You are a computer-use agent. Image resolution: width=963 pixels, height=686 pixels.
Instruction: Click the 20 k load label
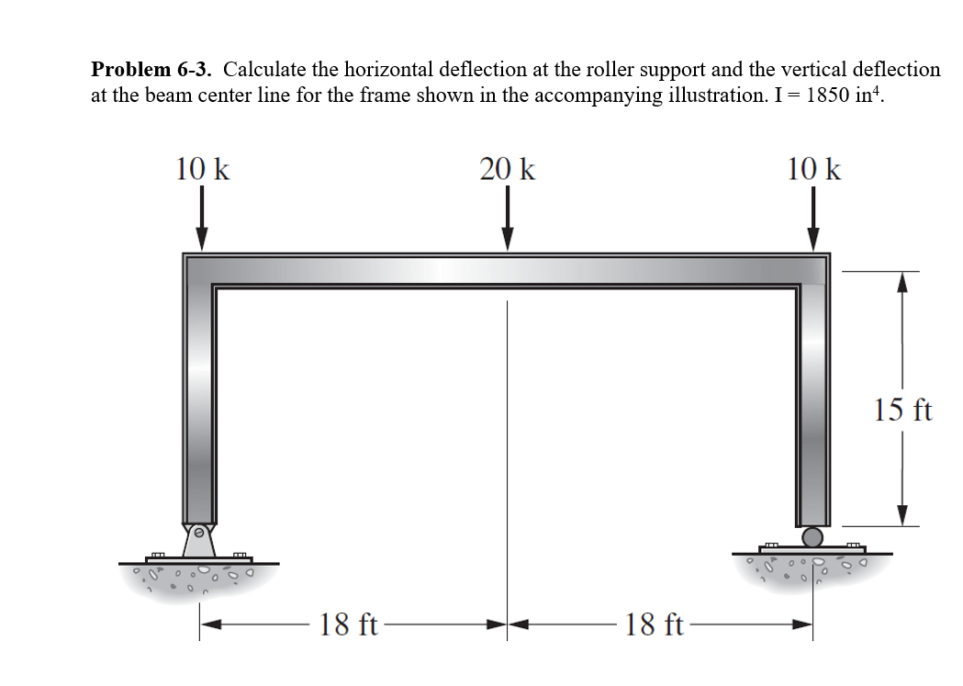click(507, 170)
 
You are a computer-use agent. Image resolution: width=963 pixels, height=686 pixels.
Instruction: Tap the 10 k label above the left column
click(202, 169)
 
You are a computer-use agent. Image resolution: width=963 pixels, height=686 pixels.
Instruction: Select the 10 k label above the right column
click(812, 169)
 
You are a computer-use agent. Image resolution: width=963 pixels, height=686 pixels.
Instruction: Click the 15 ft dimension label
click(903, 410)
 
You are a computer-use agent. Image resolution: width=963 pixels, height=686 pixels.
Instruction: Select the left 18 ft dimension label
click(349, 625)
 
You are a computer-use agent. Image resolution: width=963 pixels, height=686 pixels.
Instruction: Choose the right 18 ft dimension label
click(655, 625)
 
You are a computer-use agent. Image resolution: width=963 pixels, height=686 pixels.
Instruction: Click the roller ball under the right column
click(812, 536)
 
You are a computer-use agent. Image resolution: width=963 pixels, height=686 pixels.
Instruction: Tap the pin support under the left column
click(199, 540)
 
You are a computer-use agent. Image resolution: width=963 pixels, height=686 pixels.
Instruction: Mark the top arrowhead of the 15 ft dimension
click(903, 280)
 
